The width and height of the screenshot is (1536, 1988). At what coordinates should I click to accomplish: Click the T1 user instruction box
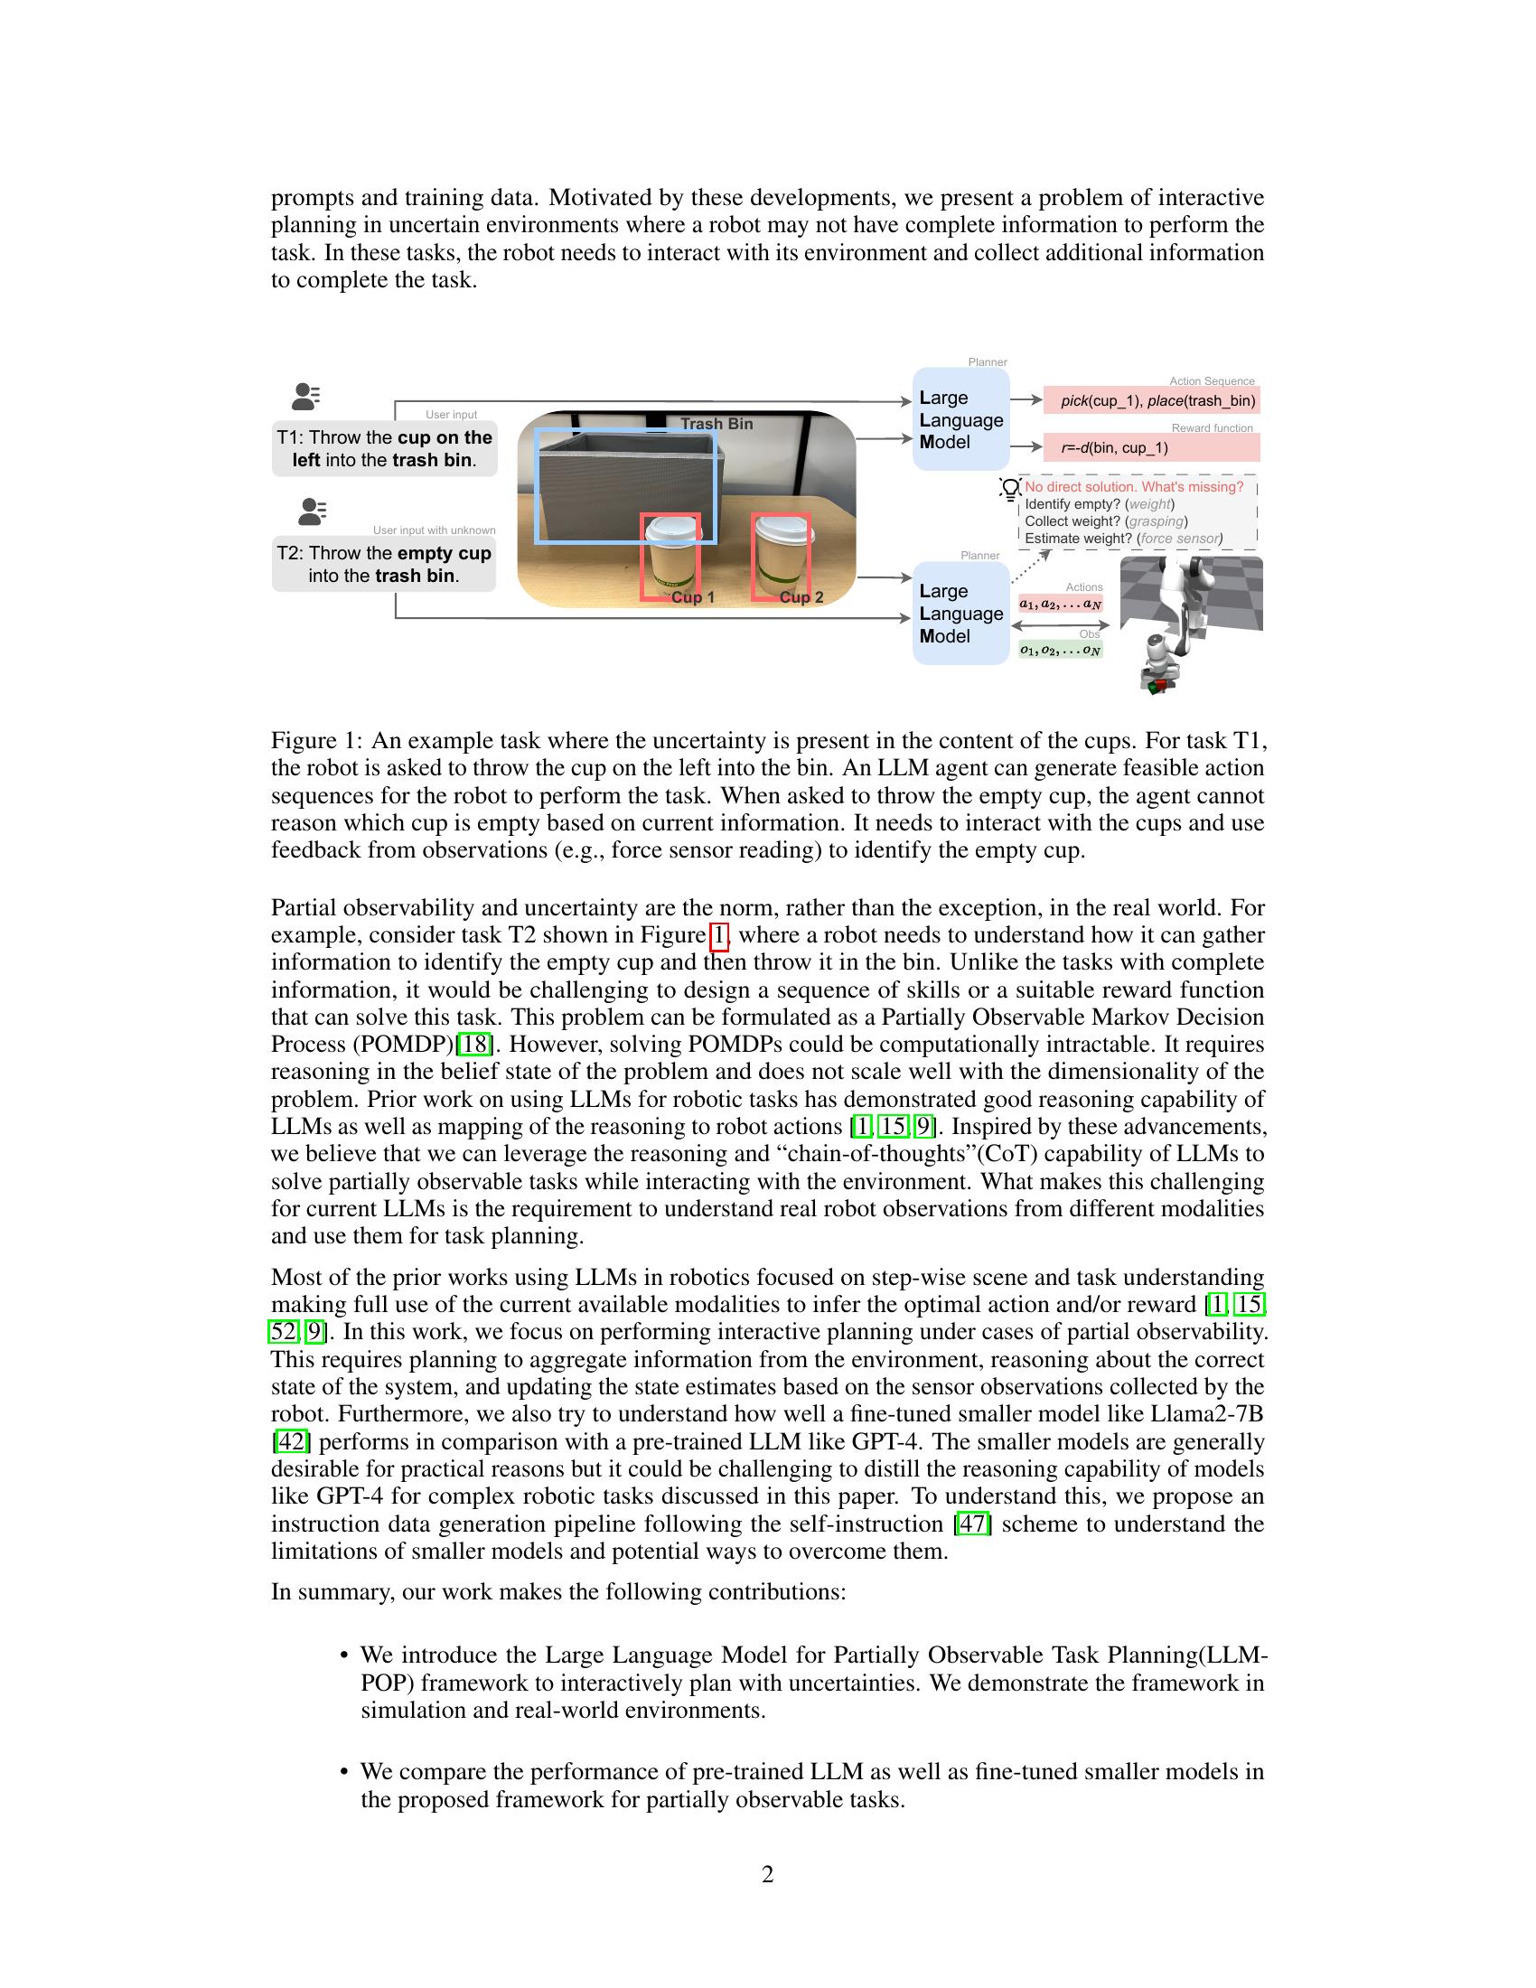pos(385,448)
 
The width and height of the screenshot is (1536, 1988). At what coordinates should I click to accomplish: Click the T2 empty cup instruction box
pos(384,565)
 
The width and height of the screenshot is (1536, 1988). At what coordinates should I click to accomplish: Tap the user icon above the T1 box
pos(305,397)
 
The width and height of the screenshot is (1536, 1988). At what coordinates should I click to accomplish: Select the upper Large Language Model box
pos(961,419)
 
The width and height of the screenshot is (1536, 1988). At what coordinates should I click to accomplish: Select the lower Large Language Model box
pos(961,614)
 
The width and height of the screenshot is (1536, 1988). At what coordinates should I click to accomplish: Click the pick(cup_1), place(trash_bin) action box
pos(1151,400)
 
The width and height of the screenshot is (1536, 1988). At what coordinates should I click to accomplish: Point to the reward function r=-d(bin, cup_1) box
pos(1151,447)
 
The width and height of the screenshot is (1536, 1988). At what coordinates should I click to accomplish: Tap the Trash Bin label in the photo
pos(716,423)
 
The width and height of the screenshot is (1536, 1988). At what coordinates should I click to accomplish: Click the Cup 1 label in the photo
pos(692,597)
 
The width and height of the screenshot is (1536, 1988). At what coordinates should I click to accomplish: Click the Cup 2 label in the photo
pos(801,597)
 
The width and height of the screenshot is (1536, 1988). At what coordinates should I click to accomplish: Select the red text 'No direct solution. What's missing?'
pos(1134,487)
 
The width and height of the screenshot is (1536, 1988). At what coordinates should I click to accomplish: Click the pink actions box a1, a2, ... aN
pos(1060,604)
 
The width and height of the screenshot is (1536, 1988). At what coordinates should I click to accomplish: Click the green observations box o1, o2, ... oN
pos(1060,650)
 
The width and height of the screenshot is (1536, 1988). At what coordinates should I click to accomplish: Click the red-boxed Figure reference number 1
pos(719,935)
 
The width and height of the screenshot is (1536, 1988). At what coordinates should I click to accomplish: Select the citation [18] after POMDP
pos(473,1044)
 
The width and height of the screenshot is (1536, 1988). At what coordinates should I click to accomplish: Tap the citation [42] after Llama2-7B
pos(291,1441)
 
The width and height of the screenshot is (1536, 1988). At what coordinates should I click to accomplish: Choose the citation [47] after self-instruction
pos(973,1523)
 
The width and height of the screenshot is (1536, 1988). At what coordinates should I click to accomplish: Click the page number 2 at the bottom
pos(767,1874)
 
